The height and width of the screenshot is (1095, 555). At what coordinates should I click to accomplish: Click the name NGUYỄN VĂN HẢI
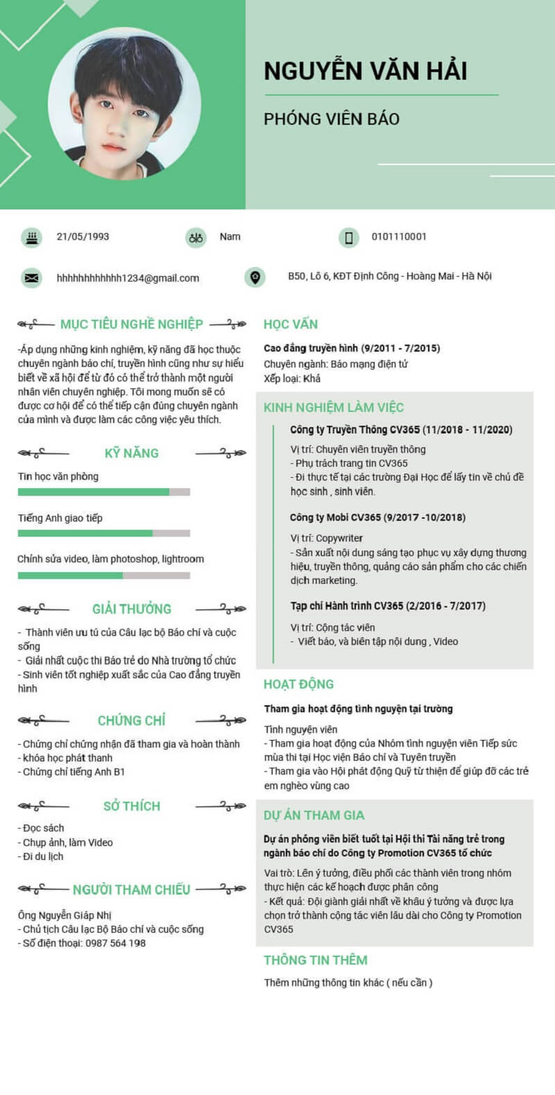[x=365, y=71]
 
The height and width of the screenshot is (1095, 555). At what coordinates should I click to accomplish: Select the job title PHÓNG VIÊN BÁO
[x=331, y=119]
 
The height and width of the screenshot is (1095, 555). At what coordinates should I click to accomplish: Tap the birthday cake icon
[x=31, y=237]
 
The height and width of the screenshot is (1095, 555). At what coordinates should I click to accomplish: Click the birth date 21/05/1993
[x=83, y=236]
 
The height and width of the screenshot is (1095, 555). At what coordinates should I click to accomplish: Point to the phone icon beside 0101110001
[x=348, y=238]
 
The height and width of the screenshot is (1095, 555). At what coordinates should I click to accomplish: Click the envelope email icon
[x=31, y=278]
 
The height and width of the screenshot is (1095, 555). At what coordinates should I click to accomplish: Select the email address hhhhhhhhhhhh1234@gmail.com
[x=128, y=278]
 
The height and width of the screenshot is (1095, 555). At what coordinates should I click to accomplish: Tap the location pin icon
[x=255, y=277]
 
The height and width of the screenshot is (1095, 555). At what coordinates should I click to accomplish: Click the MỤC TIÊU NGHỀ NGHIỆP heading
[x=132, y=324]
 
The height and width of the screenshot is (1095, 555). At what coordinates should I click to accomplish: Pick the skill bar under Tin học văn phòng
[x=103, y=492]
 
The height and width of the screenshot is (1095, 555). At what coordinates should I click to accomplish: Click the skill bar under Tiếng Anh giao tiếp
[x=103, y=533]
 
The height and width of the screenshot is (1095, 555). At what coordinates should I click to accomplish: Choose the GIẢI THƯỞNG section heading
[x=132, y=609]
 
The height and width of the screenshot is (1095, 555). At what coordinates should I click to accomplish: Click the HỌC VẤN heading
[x=291, y=324]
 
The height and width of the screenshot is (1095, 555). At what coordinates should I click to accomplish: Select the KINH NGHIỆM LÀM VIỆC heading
[x=334, y=407]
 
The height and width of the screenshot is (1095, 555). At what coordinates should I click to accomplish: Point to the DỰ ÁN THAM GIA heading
[x=314, y=815]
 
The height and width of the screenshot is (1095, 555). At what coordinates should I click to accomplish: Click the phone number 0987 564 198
[x=116, y=943]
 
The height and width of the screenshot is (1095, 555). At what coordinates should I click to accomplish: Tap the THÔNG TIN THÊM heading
[x=316, y=960]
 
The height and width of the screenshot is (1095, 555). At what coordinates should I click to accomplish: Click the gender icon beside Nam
[x=196, y=238]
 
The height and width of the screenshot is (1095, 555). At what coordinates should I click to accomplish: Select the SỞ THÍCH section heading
[x=132, y=806]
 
